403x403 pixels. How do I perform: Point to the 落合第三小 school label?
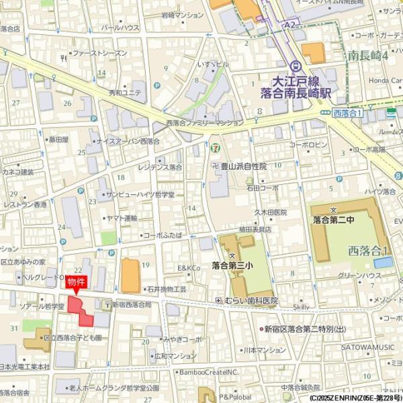tap(232, 265)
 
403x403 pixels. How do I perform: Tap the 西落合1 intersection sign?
tap(348, 113)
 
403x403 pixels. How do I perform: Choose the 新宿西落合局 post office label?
tap(132, 304)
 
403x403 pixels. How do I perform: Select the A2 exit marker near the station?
tap(289, 24)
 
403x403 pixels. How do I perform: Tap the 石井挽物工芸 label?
tap(166, 288)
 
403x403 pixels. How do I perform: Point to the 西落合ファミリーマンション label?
tap(205, 124)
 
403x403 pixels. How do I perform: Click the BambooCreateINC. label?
tap(209, 371)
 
